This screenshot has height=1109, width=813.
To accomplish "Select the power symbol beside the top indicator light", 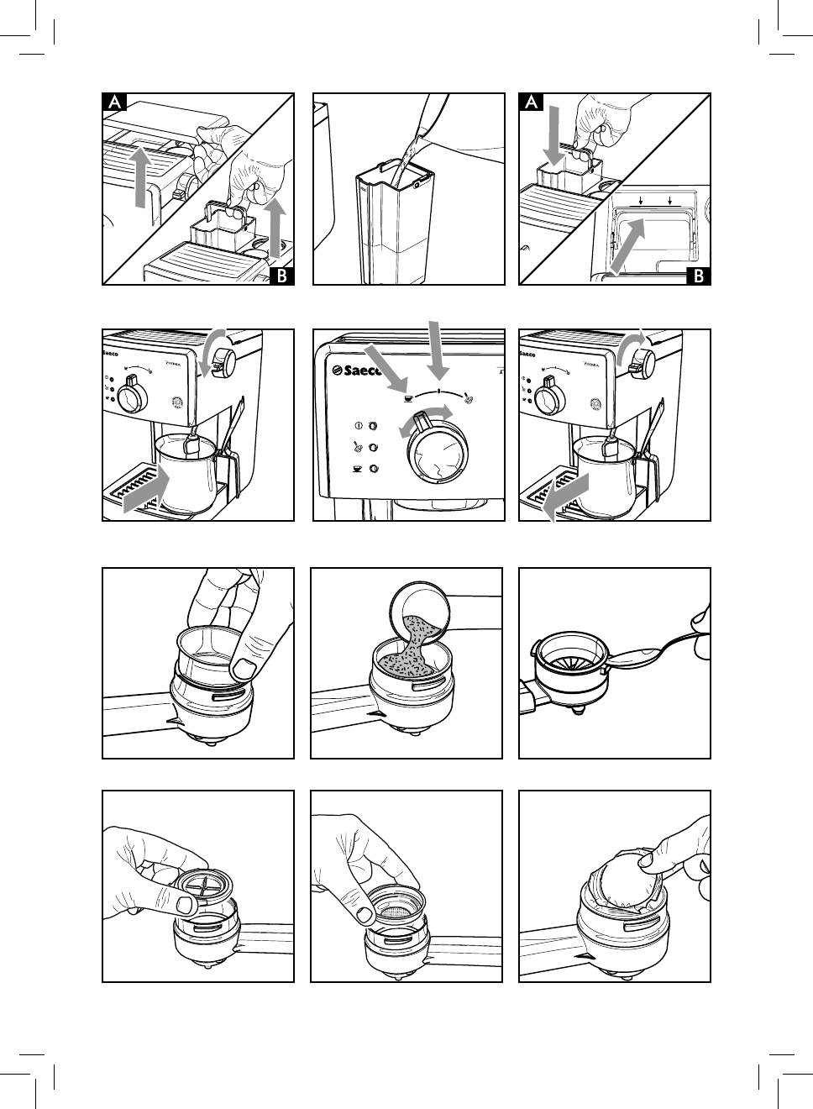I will [357, 425].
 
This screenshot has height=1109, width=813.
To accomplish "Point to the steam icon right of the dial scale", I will [470, 397].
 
